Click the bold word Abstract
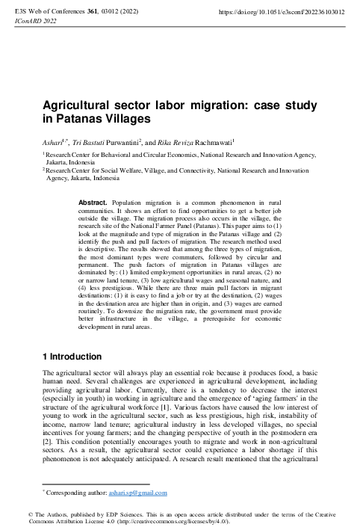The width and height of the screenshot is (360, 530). [x=93, y=203]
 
